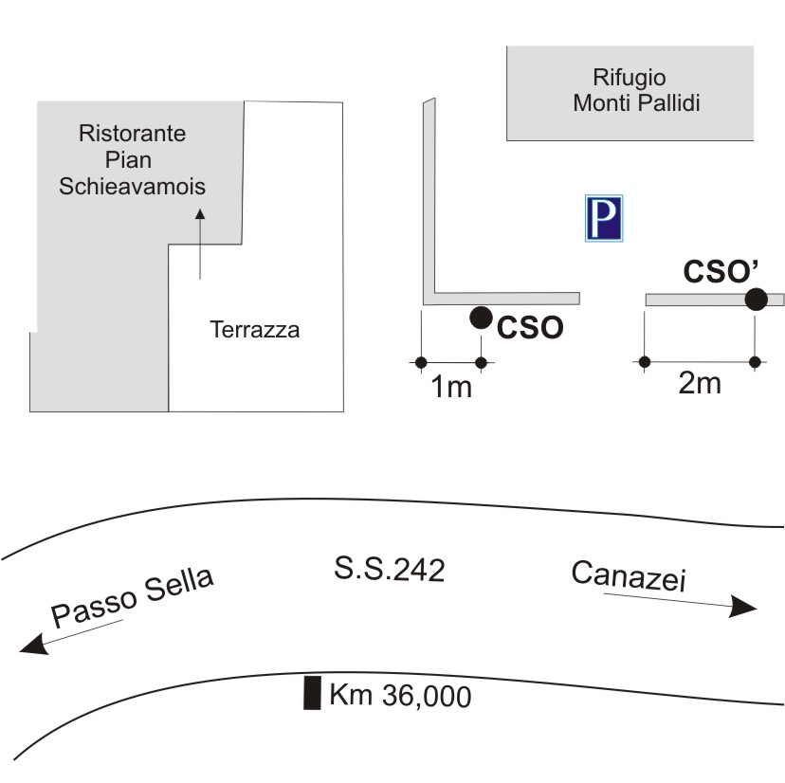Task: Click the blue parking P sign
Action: (x=603, y=219)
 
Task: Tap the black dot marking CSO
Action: (x=481, y=318)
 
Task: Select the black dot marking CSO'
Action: (x=756, y=300)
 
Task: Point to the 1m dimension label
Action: (x=451, y=387)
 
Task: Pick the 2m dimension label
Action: (x=702, y=384)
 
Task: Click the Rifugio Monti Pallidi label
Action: (x=636, y=90)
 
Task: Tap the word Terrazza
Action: (x=254, y=331)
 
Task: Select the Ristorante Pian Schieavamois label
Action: (x=133, y=159)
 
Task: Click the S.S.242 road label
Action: (x=390, y=570)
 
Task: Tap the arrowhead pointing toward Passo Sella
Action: (x=34, y=646)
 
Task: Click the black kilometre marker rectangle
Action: (x=310, y=693)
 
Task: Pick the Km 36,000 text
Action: (x=400, y=697)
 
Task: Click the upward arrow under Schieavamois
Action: (x=199, y=245)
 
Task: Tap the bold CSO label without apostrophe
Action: (x=531, y=327)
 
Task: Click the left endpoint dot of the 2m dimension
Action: (x=645, y=361)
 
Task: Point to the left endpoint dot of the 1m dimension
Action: (x=421, y=361)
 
